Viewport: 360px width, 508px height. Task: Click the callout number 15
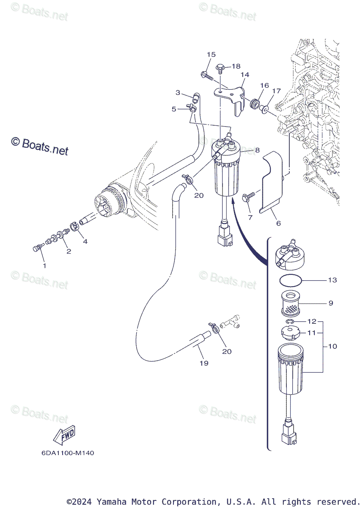211,54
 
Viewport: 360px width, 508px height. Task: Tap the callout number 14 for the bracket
245,75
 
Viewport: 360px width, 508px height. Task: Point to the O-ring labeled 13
291,280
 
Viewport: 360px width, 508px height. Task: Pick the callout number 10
333,346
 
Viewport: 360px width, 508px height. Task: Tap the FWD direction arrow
64,436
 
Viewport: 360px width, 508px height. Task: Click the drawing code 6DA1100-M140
68,453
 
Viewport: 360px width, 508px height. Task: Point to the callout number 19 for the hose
204,363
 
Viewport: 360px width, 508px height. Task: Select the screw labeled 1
36,248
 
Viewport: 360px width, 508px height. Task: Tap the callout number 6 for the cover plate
278,223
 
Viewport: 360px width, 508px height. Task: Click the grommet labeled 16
255,104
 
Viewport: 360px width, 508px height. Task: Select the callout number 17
276,91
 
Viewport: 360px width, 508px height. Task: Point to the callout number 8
257,150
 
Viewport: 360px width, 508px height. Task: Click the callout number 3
178,93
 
